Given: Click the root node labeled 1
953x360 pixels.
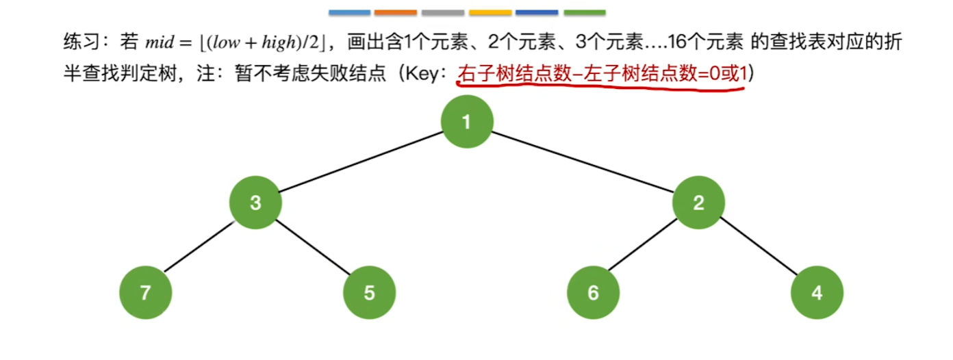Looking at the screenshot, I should tap(467, 123).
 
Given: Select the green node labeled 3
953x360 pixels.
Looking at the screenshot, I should tap(255, 203).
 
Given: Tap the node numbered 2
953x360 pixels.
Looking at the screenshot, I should tap(698, 203).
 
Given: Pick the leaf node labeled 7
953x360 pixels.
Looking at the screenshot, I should tap(145, 293).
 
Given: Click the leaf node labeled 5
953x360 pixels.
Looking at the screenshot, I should tap(369, 293).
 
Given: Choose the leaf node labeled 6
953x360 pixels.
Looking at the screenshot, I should tap(593, 293).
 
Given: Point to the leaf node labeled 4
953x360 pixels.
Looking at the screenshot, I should tap(817, 293).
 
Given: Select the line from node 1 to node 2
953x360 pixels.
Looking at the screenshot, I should tap(583, 163).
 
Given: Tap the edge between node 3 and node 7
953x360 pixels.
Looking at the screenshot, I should tap(200, 248).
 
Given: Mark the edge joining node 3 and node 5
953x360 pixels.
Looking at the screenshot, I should tap(312, 248).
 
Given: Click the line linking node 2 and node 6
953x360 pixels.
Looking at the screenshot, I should tap(646, 248).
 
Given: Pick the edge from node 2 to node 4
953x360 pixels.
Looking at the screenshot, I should tap(757, 248).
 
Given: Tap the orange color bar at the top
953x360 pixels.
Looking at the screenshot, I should tap(396, 12).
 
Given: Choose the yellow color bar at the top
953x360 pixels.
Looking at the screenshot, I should tap(490, 12).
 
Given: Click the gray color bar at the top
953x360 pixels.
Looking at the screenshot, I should tap(443, 12).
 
